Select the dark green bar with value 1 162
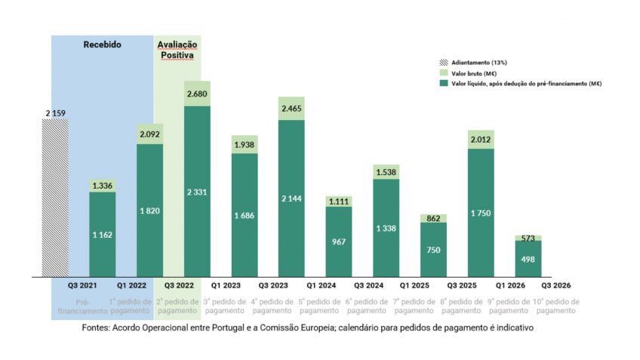click(103, 234)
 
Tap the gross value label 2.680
click(197, 94)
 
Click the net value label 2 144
click(291, 198)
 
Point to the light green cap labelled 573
click(528, 238)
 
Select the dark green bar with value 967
click(339, 242)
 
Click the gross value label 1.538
click(386, 172)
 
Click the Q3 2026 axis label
click(555, 285)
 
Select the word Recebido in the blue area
click(102, 45)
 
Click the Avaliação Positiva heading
click(176, 50)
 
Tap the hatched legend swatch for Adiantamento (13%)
click(444, 60)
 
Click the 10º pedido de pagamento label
click(555, 306)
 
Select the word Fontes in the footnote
click(98, 328)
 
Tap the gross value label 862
click(433, 219)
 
